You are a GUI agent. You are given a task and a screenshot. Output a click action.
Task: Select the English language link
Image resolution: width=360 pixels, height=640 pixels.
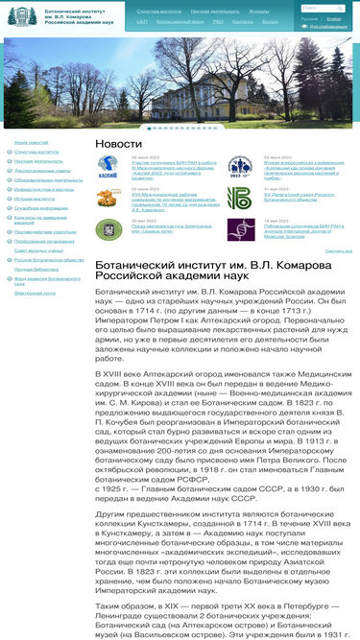[x=333, y=18]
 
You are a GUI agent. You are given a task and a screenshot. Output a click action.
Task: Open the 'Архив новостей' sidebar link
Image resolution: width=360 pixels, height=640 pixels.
[x=32, y=143]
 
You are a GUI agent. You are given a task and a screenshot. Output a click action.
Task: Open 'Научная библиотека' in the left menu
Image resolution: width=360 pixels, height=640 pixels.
[x=36, y=269]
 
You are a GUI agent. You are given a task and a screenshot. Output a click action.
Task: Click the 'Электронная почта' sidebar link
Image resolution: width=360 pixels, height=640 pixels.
[x=35, y=293]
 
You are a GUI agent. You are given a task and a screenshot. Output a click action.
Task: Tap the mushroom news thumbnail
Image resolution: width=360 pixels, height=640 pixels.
[x=108, y=198]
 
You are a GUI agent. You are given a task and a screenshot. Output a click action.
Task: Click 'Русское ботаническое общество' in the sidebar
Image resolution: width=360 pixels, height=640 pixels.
[x=43, y=259]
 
